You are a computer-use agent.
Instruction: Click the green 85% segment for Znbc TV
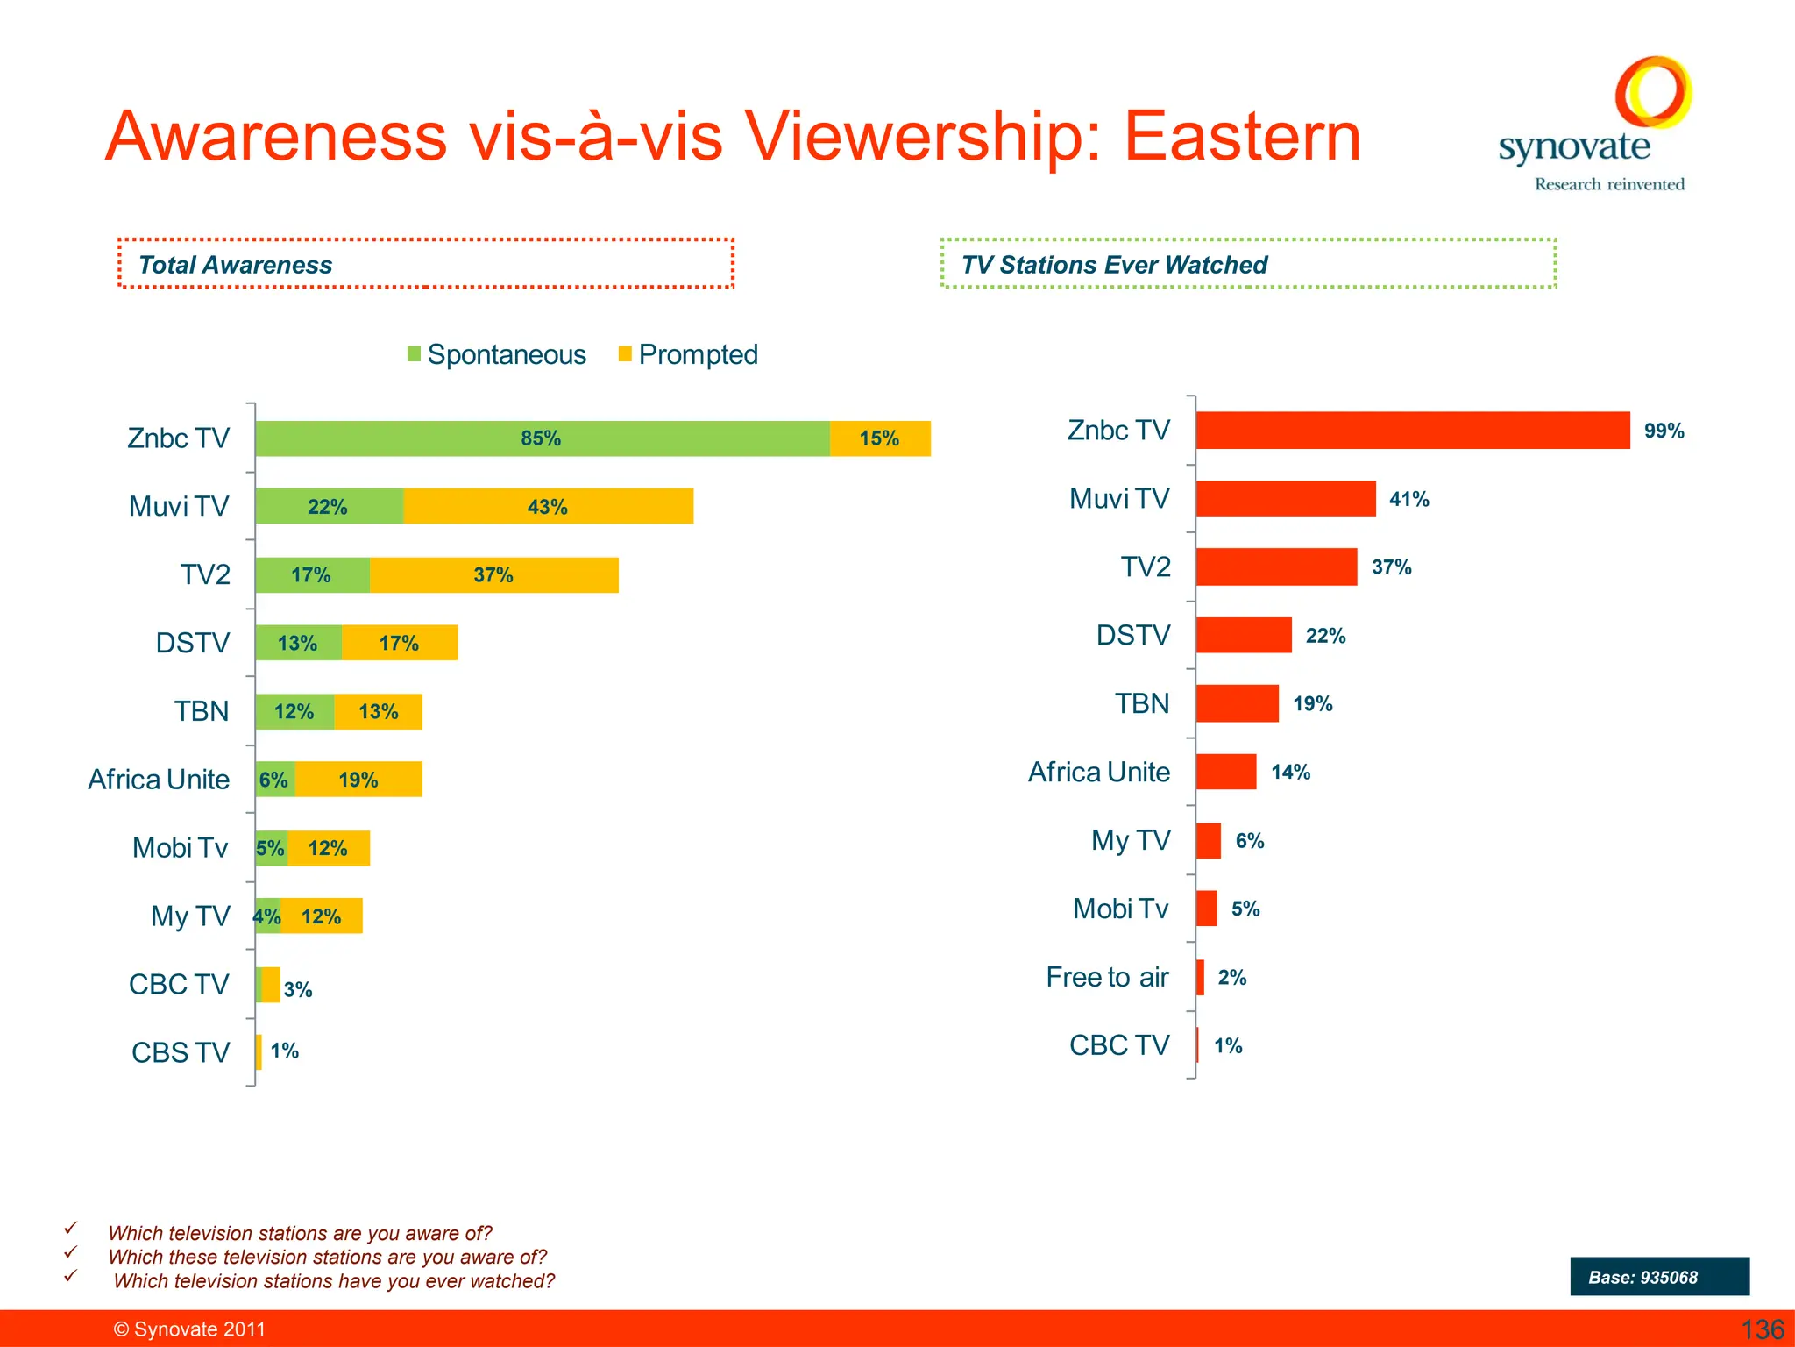click(x=542, y=438)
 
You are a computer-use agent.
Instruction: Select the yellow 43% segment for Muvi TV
click(x=548, y=507)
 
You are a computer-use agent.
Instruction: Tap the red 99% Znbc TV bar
click(x=1412, y=431)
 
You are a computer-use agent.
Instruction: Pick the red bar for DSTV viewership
click(x=1243, y=635)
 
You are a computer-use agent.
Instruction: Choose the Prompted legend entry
click(x=688, y=354)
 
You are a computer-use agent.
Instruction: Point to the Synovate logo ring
click(x=1653, y=90)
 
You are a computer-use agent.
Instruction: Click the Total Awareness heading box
click(x=425, y=264)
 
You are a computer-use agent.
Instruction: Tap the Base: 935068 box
click(x=1659, y=1277)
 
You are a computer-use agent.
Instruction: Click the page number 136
click(x=1762, y=1329)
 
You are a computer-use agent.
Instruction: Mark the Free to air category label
click(x=1107, y=977)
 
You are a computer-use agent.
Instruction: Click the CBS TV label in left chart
click(x=181, y=1052)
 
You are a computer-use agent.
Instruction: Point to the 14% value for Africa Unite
click(x=1290, y=772)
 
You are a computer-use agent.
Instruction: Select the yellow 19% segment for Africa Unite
click(x=358, y=780)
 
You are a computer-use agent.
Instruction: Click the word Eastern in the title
click(x=1242, y=137)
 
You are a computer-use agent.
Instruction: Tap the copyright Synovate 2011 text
click(x=189, y=1329)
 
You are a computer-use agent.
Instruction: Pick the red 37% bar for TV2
click(x=1275, y=567)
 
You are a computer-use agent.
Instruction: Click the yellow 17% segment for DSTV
click(x=399, y=644)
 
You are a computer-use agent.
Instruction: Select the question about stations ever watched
click(x=334, y=1281)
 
